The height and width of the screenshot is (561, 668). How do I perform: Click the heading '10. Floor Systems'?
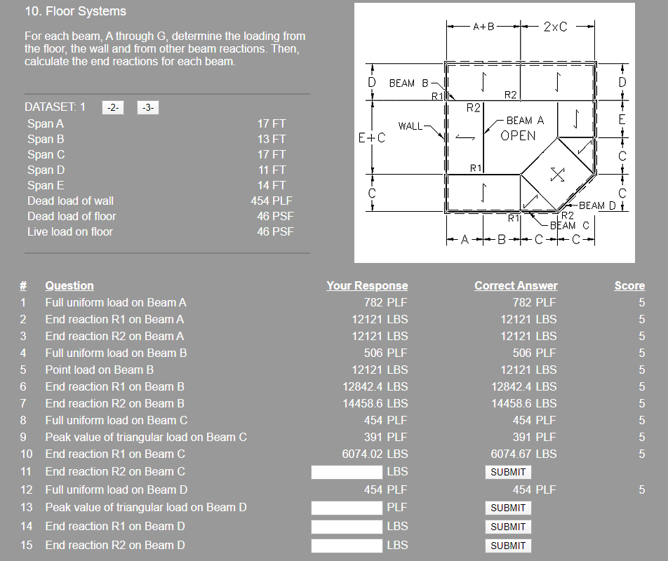tap(75, 11)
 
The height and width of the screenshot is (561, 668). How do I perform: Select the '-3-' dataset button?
tap(148, 107)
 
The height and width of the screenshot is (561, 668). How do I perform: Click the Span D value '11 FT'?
tap(272, 170)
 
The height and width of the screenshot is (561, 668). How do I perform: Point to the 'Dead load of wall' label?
tap(70, 201)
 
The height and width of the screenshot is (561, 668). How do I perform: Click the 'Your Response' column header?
tap(367, 285)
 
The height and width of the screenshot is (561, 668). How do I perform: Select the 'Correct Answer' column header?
tap(516, 285)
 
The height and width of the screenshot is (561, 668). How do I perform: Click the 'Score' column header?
tap(629, 285)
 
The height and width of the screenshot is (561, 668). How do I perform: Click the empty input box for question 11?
tap(347, 472)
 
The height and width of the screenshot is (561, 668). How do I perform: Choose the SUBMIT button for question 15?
tap(508, 546)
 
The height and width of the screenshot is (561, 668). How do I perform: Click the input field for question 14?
tap(347, 527)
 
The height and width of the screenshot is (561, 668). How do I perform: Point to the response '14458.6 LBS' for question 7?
tap(375, 403)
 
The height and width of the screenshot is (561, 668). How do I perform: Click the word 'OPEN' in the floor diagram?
tap(519, 136)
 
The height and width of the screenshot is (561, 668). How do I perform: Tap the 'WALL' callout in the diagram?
tap(410, 126)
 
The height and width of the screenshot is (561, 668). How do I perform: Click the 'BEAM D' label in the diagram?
tap(597, 205)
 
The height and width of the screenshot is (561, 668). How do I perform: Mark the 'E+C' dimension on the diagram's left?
tap(372, 138)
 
